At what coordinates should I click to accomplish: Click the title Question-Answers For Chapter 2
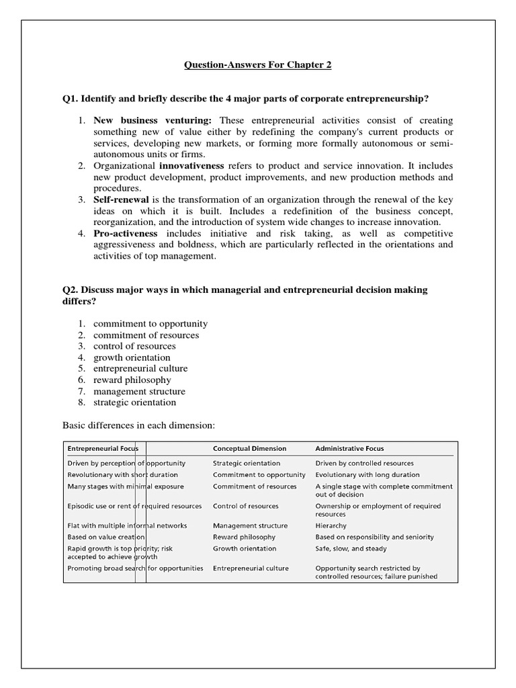click(x=258, y=65)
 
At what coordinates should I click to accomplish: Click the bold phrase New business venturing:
click(x=152, y=120)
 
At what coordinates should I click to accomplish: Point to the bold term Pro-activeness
click(x=125, y=233)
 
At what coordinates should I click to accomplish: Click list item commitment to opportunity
click(x=150, y=323)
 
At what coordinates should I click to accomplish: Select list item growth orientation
click(x=132, y=357)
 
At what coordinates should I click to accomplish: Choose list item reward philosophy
click(x=132, y=380)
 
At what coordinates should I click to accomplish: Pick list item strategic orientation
click(x=134, y=402)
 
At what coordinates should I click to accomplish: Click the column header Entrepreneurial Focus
click(x=102, y=448)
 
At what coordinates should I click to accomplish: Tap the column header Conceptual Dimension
click(x=249, y=448)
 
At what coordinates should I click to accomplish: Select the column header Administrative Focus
click(x=349, y=448)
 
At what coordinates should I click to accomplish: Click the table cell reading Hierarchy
click(x=331, y=525)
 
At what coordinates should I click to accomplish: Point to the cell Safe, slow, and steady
click(x=350, y=548)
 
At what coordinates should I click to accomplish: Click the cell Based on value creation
click(x=106, y=537)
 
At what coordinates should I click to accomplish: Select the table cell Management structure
click(x=250, y=525)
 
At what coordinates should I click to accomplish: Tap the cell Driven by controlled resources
click(x=364, y=463)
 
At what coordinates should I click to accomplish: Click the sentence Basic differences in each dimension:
click(x=138, y=425)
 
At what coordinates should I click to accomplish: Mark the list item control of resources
click(x=134, y=346)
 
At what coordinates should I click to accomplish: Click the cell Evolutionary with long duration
click(x=367, y=474)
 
